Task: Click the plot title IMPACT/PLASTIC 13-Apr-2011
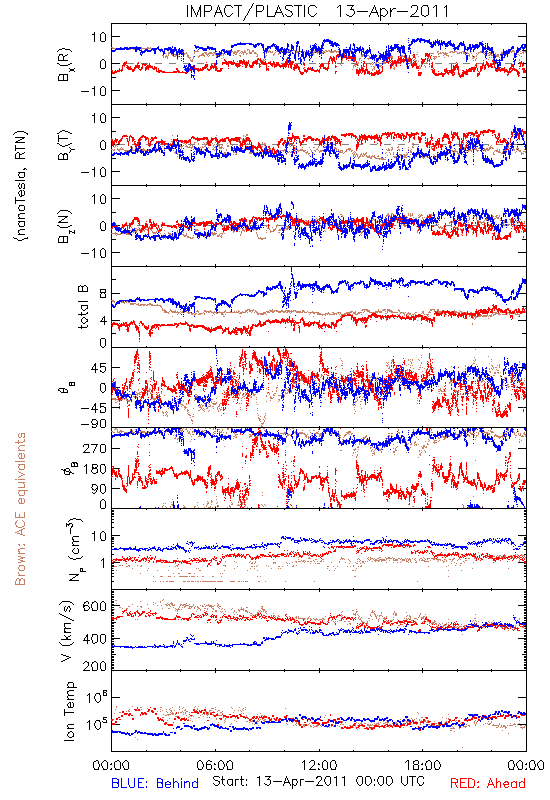click(x=317, y=11)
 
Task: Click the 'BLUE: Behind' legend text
click(x=155, y=783)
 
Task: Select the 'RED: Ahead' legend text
click(x=487, y=783)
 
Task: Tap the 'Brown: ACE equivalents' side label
click(x=20, y=509)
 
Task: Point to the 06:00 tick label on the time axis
click(x=215, y=765)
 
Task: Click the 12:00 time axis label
click(x=319, y=765)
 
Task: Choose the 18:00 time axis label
click(x=422, y=765)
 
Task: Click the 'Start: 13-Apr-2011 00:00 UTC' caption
click(x=318, y=781)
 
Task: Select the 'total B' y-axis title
click(x=83, y=307)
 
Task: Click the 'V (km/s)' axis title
click(x=67, y=631)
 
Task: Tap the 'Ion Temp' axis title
click(x=69, y=711)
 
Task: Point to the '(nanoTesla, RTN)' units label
click(x=21, y=186)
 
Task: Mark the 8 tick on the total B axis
click(x=103, y=294)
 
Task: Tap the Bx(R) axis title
click(x=65, y=65)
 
